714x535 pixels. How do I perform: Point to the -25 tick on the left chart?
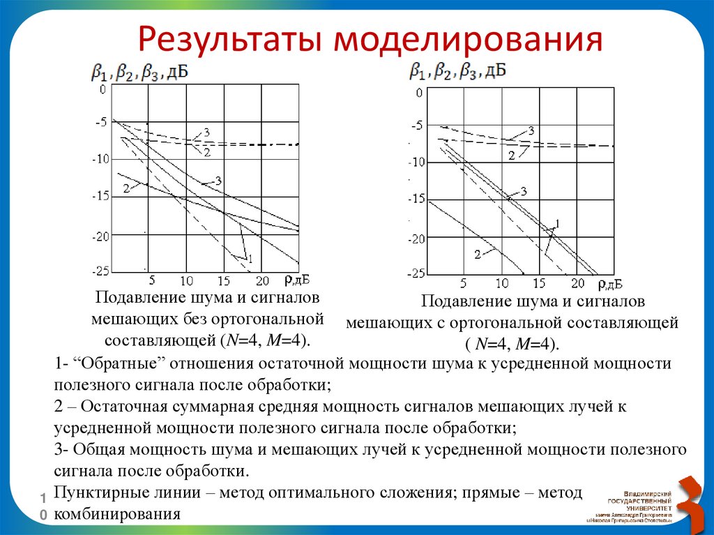(102, 270)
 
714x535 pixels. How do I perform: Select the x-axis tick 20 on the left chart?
(262, 281)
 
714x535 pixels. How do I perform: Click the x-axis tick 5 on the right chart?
(464, 284)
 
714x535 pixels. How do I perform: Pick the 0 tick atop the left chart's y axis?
(103, 90)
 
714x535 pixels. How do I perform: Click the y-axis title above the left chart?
(139, 72)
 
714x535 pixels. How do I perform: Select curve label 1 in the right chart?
(557, 223)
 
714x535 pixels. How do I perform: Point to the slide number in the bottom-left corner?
(43, 505)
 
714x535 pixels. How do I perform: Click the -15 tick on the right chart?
(416, 199)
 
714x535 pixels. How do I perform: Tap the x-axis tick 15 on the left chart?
(223, 281)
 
